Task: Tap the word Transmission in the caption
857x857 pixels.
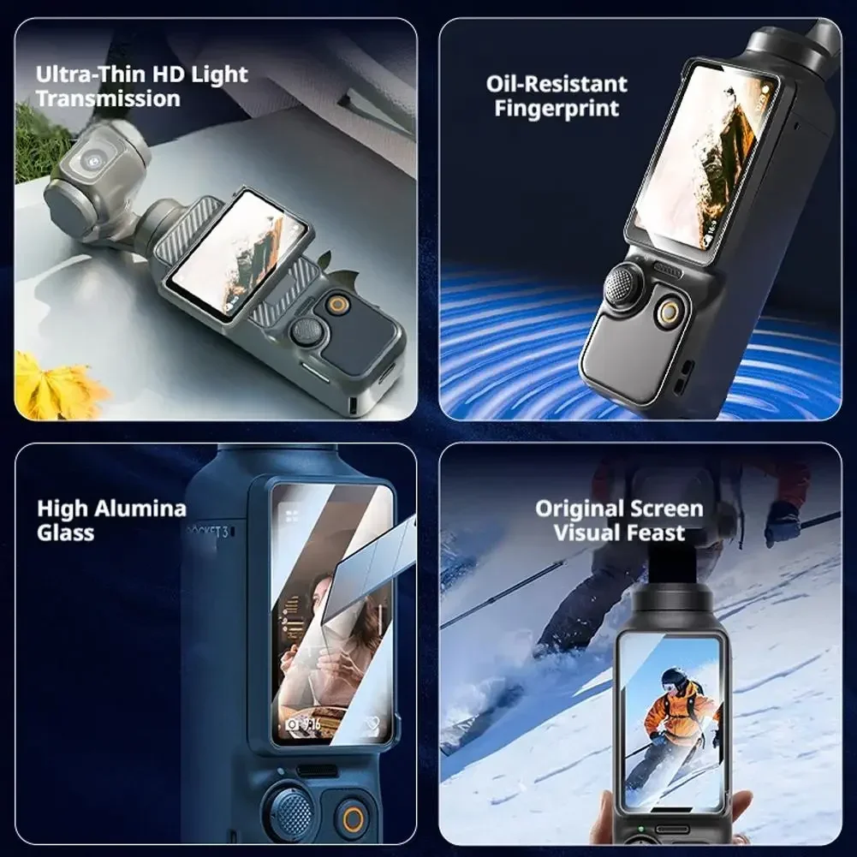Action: pyautogui.click(x=108, y=99)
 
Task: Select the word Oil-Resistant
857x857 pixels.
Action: pyautogui.click(x=556, y=84)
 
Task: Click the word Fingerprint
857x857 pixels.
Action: pyautogui.click(x=556, y=108)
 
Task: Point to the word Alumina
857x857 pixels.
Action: pyautogui.click(x=141, y=509)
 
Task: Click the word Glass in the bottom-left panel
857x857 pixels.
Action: pyautogui.click(x=66, y=533)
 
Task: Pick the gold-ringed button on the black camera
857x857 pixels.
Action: pyautogui.click(x=670, y=312)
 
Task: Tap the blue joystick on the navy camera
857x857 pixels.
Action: pyautogui.click(x=289, y=812)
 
